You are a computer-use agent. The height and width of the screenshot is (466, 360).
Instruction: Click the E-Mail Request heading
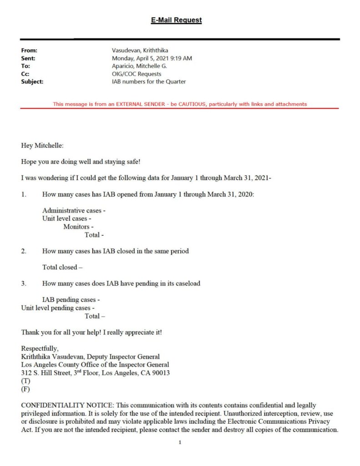click(176, 20)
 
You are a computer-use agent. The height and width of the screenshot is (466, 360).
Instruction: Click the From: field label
click(29, 51)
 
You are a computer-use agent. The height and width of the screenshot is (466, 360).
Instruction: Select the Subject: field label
click(32, 81)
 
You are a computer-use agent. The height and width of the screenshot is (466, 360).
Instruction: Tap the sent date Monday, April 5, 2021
click(152, 58)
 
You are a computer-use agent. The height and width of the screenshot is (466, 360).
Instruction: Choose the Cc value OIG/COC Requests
click(137, 74)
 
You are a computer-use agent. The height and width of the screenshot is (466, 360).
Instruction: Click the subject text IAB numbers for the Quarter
click(149, 81)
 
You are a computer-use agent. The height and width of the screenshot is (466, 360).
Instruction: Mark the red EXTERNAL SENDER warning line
click(180, 104)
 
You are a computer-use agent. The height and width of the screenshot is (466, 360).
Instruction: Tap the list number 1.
click(24, 195)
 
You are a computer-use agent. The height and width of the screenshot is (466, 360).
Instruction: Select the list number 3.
click(24, 284)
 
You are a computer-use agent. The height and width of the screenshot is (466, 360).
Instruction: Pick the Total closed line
click(62, 267)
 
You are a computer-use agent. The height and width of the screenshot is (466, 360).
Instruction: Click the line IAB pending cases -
click(71, 300)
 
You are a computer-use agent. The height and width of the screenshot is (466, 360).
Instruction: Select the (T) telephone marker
click(25, 381)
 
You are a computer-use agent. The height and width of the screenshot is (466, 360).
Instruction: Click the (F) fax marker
click(25, 389)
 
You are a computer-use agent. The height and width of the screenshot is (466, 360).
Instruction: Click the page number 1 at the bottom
click(180, 442)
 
